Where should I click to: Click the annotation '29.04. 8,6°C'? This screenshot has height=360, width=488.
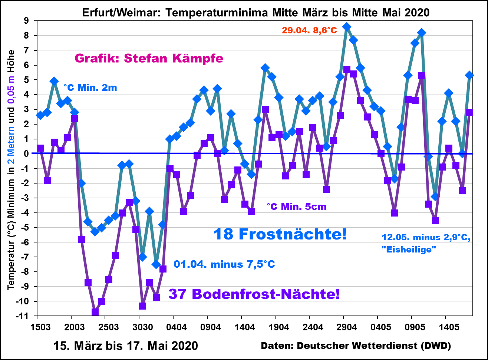[x=309, y=30]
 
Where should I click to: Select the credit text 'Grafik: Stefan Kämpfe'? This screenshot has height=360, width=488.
[x=149, y=58]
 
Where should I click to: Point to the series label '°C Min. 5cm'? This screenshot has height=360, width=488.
[x=297, y=207]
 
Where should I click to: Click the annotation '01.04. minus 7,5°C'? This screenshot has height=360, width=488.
[x=224, y=265]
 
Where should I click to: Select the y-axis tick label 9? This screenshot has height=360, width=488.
[x=26, y=21]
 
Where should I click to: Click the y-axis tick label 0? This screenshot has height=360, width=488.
[x=26, y=153]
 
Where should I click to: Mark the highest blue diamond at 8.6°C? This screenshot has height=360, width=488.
[x=347, y=27]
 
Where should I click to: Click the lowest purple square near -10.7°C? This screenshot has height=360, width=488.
[x=95, y=312]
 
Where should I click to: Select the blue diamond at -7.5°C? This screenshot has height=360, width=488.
[x=156, y=264]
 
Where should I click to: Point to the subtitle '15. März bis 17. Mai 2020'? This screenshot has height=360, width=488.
[x=126, y=346]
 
